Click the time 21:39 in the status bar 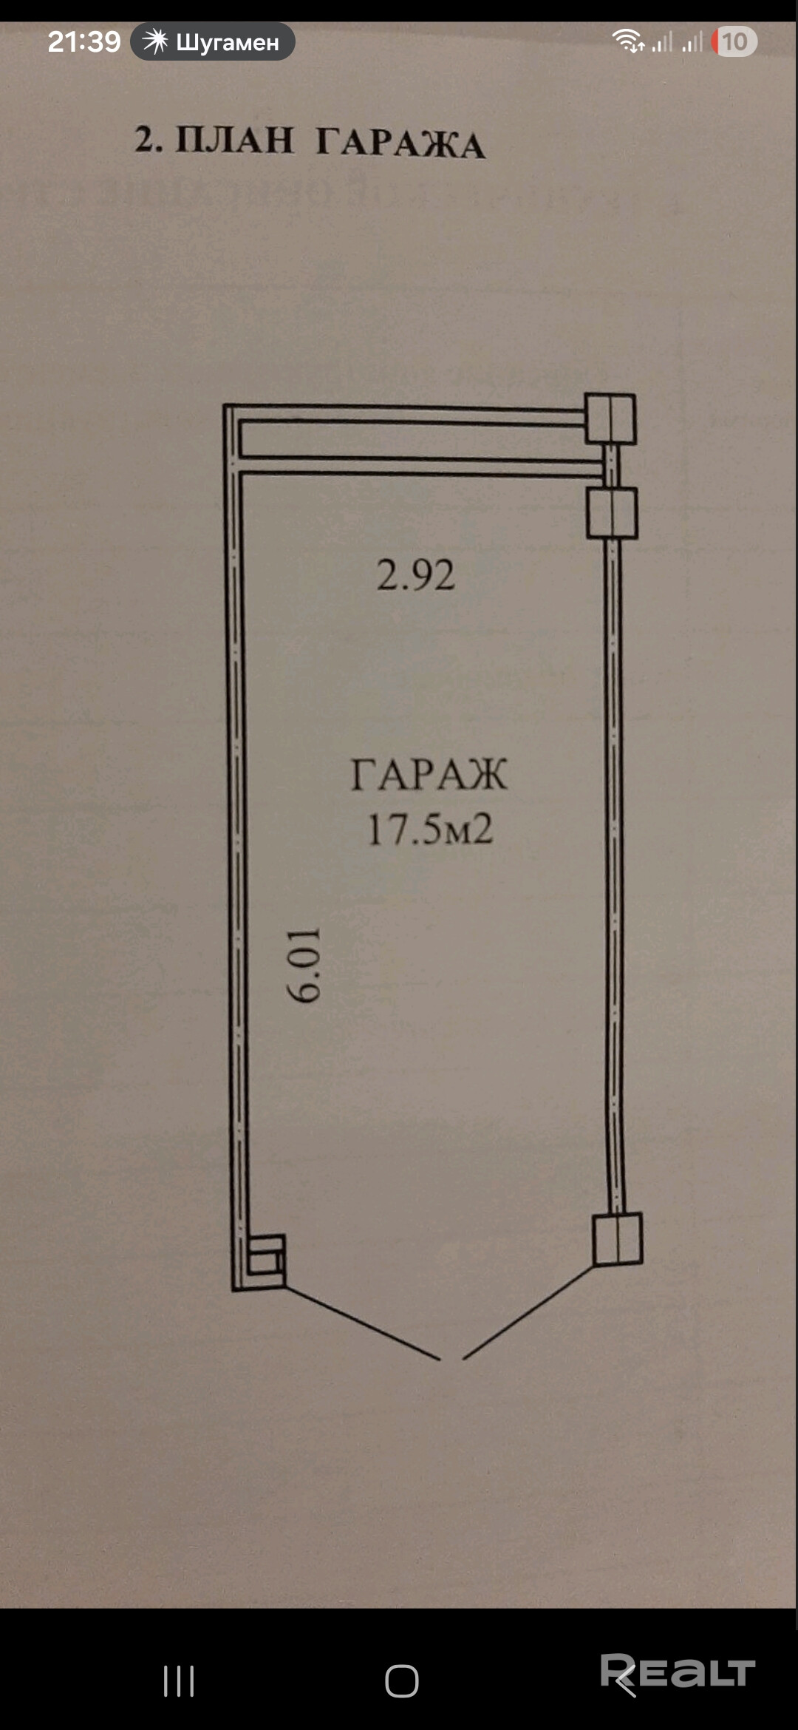pyautogui.click(x=83, y=41)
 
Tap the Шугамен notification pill pyautogui.click(x=213, y=41)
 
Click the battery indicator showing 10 pyautogui.click(x=734, y=41)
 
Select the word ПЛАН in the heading pyautogui.click(x=234, y=140)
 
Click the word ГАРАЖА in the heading pyautogui.click(x=400, y=143)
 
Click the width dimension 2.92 pyautogui.click(x=415, y=575)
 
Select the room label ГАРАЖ pyautogui.click(x=429, y=774)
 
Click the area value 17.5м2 pyautogui.click(x=430, y=829)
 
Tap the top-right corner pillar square pyautogui.click(x=610, y=418)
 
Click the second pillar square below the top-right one pyautogui.click(x=612, y=512)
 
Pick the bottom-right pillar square pyautogui.click(x=618, y=1239)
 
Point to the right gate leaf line pyautogui.click(x=528, y=1313)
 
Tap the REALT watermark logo pyautogui.click(x=678, y=1672)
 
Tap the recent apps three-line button pyautogui.click(x=179, y=1681)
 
